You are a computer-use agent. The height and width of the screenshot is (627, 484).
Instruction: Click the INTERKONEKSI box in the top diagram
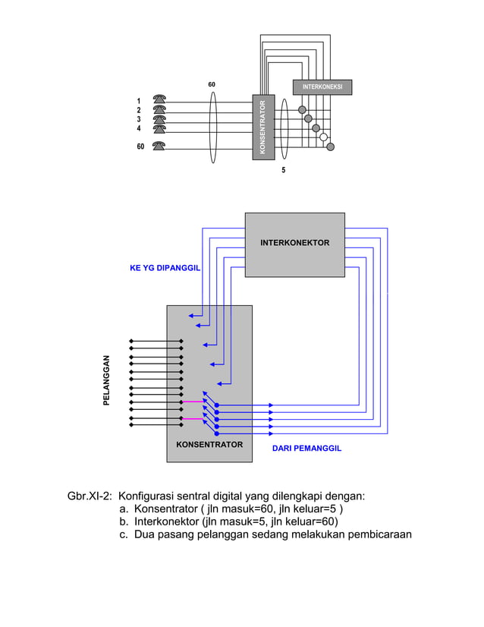[322, 87]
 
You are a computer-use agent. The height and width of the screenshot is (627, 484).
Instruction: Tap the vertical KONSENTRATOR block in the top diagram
[262, 127]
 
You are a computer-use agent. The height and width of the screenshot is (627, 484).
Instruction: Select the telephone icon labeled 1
[159, 100]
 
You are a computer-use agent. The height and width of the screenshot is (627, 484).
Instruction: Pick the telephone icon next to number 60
[159, 147]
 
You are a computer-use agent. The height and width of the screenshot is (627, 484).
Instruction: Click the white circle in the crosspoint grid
[323, 137]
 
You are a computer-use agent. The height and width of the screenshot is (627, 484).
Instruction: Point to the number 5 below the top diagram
[284, 171]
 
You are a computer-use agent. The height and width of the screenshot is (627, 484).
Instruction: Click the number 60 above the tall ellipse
[212, 84]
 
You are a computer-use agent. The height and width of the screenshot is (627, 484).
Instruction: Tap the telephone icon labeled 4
[159, 128]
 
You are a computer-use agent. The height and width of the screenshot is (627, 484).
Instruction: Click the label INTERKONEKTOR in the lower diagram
[294, 243]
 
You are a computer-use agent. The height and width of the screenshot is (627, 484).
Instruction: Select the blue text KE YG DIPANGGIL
[165, 269]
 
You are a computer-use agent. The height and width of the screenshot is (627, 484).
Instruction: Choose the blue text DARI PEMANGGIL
[306, 449]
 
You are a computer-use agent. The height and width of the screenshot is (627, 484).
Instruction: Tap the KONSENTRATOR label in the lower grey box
[209, 444]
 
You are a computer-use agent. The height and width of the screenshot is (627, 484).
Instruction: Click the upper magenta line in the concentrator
[193, 402]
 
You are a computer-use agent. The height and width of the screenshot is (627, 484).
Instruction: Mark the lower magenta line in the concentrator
[193, 418]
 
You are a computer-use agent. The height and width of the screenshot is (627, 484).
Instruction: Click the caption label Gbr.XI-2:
[90, 496]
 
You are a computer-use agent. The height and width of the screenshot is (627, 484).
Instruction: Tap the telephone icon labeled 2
[159, 110]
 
